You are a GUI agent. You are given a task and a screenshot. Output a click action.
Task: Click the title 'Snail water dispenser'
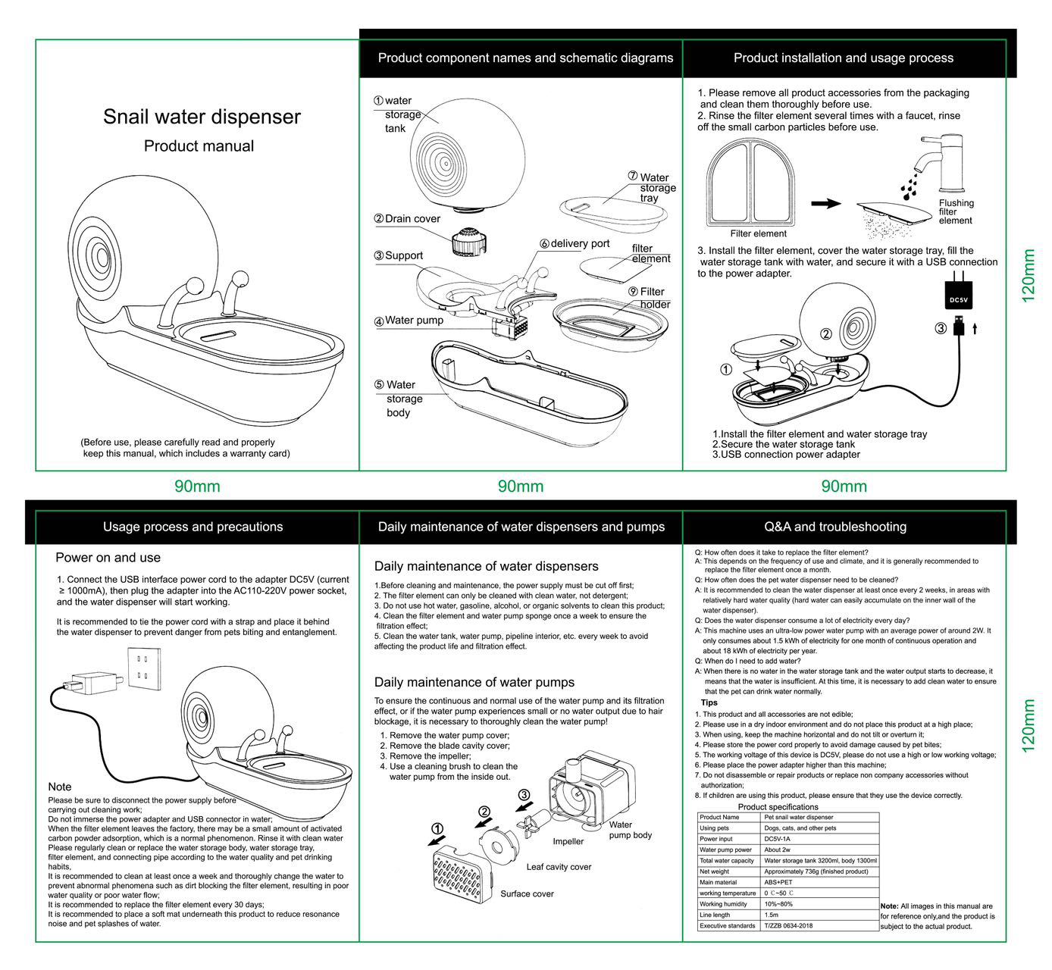[x=202, y=117]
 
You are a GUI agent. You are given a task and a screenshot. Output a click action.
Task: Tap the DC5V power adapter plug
[x=958, y=296]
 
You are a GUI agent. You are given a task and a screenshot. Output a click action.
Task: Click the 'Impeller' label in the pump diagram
[x=568, y=841]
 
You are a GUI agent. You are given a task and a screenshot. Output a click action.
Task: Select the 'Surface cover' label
[x=527, y=894]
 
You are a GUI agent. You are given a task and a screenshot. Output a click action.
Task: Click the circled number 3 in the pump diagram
[x=524, y=795]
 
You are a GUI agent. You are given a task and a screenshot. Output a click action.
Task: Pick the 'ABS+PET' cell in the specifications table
[x=778, y=882]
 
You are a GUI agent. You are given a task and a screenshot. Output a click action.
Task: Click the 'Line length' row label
[x=715, y=915]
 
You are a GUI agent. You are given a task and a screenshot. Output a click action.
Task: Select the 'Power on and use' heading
[x=108, y=558]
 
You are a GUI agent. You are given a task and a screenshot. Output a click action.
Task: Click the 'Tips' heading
[x=709, y=702]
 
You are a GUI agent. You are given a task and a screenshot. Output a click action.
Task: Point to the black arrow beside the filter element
[x=825, y=204]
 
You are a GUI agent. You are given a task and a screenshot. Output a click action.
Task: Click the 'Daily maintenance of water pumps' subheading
[x=474, y=683]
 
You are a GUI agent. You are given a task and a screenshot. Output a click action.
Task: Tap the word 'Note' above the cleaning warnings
[x=60, y=787]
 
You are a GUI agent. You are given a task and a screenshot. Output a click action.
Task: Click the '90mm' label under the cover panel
[x=197, y=487]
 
